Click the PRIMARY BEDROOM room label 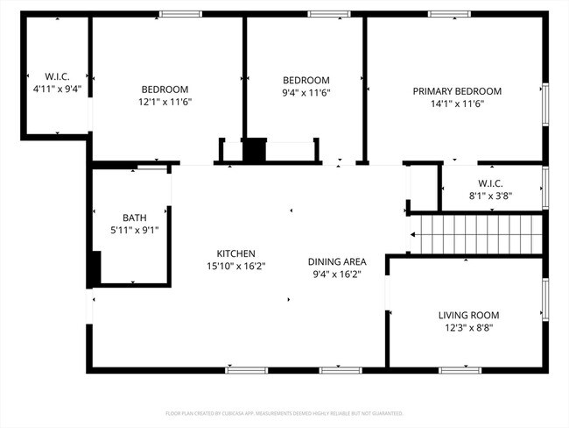tap(457, 91)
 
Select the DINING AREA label tap(337, 261)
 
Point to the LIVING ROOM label tap(468, 315)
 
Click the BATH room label tap(134, 218)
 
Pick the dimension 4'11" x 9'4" tap(57, 89)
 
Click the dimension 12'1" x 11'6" tap(165, 102)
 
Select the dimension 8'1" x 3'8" tap(489, 196)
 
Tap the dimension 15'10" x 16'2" tap(236, 265)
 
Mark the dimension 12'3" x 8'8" tap(468, 328)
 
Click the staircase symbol tap(477, 234)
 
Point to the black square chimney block tap(254, 151)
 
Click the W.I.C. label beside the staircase tap(489, 183)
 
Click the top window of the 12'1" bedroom tap(181, 14)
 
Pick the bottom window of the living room tap(460, 370)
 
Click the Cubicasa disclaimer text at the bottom tap(284, 413)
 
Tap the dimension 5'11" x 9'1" tap(134, 230)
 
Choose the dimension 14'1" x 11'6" tap(457, 103)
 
